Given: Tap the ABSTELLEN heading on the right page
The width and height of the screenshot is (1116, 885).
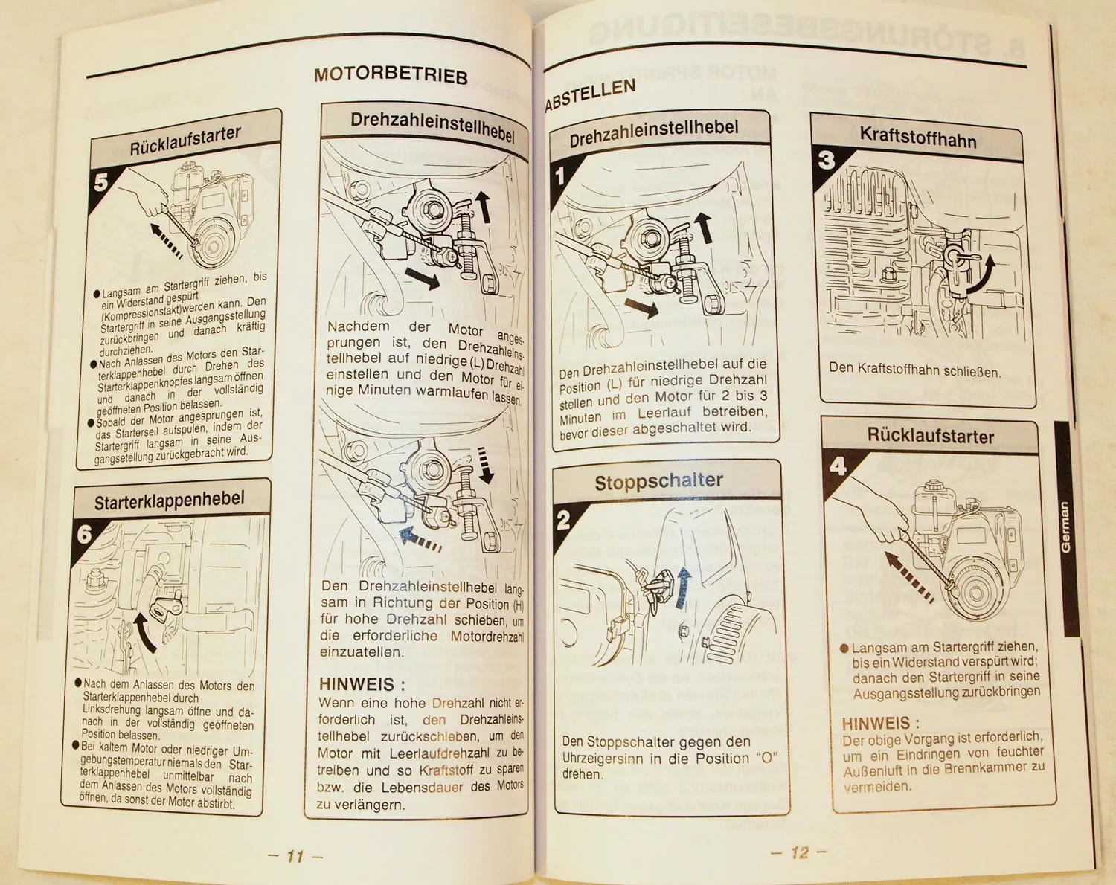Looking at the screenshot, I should (x=591, y=94).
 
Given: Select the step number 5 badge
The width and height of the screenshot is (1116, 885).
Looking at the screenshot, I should (x=101, y=181).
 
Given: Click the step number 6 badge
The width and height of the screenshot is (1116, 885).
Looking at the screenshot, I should (x=85, y=534).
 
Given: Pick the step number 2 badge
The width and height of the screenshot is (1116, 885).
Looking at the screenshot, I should (x=564, y=520).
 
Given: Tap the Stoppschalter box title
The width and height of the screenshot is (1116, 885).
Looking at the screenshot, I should (x=658, y=482).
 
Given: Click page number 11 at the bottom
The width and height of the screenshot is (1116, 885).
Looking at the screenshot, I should (x=295, y=856).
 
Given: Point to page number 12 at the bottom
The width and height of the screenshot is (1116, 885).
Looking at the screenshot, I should (x=799, y=852).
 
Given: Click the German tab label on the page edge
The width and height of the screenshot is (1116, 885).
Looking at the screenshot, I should (x=1065, y=527).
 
